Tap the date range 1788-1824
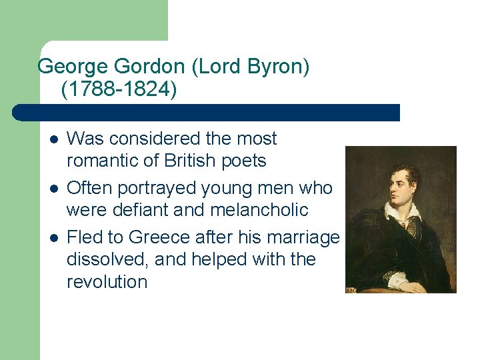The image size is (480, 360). (x=119, y=89)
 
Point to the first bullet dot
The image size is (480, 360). (x=53, y=139)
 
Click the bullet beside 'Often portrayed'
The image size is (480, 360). (x=53, y=188)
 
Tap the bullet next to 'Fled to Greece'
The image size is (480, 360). (x=53, y=237)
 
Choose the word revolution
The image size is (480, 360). (x=107, y=281)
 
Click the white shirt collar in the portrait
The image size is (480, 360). (x=402, y=211)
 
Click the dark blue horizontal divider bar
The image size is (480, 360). (x=207, y=113)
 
